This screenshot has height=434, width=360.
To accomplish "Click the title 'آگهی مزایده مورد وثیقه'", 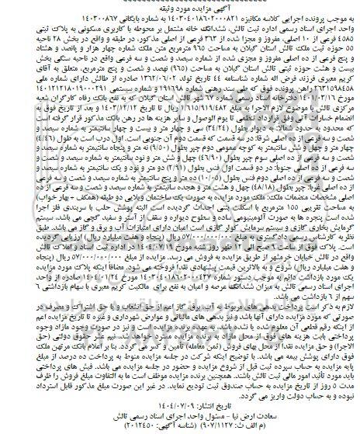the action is point(179,6).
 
